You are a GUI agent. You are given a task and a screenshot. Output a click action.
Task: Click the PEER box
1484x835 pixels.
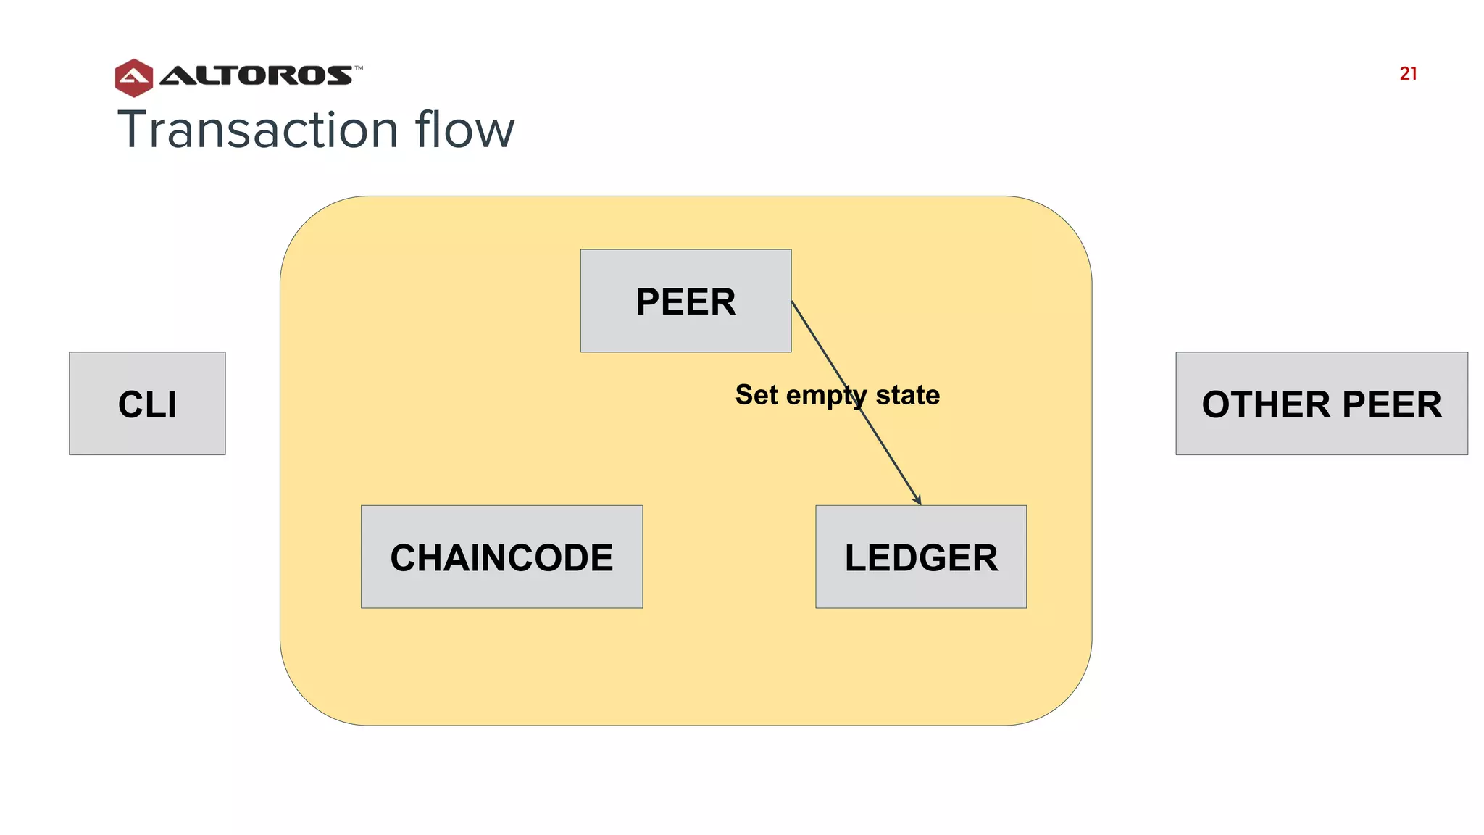coord(685,301)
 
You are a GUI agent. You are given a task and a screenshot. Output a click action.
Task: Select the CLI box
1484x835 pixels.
coord(147,404)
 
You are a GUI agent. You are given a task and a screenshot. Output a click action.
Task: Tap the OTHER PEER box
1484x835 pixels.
coord(1321,404)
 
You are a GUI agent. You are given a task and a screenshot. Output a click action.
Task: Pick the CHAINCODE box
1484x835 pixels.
coord(501,557)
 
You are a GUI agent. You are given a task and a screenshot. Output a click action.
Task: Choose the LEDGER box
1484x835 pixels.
coord(920,557)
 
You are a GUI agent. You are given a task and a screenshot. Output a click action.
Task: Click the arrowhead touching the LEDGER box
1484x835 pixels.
coord(917,500)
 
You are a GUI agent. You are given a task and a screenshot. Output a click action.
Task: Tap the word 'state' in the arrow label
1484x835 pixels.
coord(907,395)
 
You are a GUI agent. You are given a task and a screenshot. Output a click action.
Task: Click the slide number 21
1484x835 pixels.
coord(1408,73)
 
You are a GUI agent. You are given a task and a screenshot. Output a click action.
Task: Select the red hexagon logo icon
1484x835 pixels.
coord(134,78)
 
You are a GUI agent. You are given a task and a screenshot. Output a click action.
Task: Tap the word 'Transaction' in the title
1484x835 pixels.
coord(258,130)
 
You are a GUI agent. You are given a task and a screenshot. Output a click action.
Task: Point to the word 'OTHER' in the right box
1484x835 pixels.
coord(1267,404)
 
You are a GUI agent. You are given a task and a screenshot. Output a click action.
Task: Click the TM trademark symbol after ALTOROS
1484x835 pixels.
coord(359,68)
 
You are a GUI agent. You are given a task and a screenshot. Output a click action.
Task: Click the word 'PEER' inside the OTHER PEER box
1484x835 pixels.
coord(1392,404)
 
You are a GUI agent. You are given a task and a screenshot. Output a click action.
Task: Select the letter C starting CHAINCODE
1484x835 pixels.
coord(404,557)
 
